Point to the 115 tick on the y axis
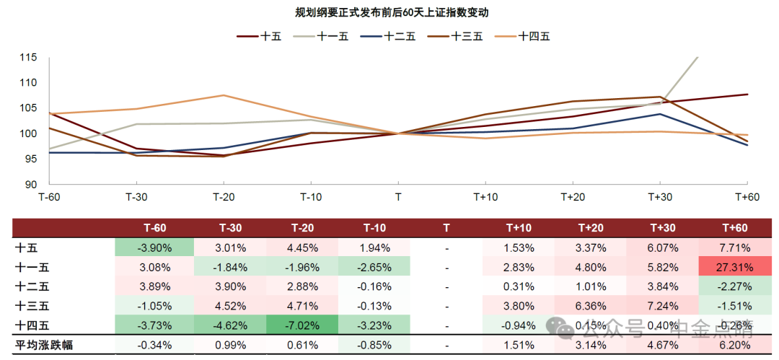pyautogui.click(x=28, y=57)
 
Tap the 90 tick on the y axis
pyautogui.click(x=31, y=185)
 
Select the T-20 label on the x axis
pyautogui.click(x=224, y=197)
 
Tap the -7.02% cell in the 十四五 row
pyautogui.click(x=302, y=325)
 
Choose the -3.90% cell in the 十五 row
pyautogui.click(x=154, y=247)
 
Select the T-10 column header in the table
pyautogui.click(x=374, y=228)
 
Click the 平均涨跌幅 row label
pyautogui.click(x=44, y=346)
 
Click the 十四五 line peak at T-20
pyautogui.click(x=224, y=95)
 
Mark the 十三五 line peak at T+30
pyautogui.click(x=659, y=97)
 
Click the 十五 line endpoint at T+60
pyautogui.click(x=747, y=95)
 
